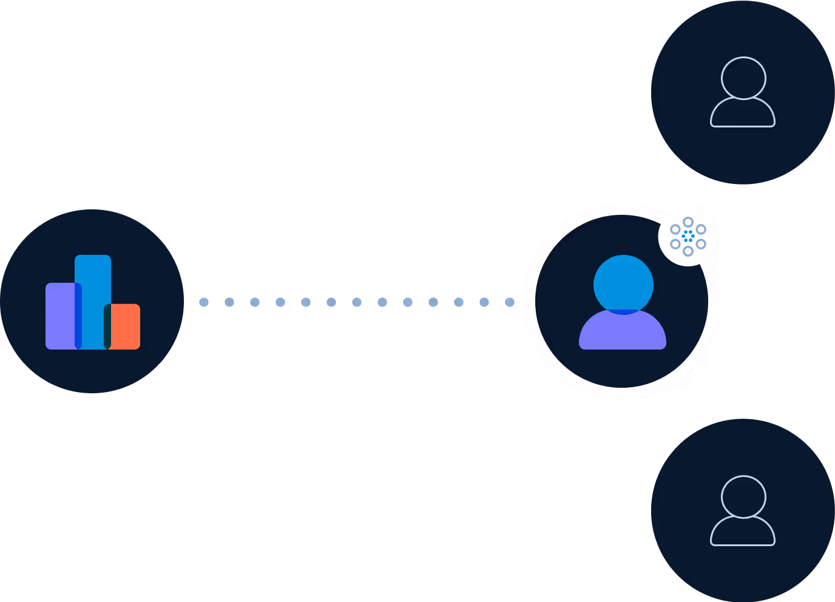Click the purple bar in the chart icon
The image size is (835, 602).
click(59, 316)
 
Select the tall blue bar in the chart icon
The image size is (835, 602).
click(93, 291)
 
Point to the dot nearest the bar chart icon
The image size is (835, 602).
click(204, 302)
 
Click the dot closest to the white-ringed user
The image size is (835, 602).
click(510, 302)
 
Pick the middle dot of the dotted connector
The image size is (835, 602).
click(357, 302)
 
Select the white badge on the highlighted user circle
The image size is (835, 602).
click(688, 237)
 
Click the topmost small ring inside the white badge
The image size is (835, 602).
click(688, 222)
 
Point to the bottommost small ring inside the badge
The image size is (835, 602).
click(688, 251)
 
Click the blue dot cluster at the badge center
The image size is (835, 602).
click(688, 236)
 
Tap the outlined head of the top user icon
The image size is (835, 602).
click(743, 78)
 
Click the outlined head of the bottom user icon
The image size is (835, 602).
click(743, 496)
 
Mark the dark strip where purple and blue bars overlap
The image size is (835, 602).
click(78, 316)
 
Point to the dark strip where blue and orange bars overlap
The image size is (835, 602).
click(107, 326)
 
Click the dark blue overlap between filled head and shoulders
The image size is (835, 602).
click(623, 312)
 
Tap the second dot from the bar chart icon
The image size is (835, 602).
click(229, 302)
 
